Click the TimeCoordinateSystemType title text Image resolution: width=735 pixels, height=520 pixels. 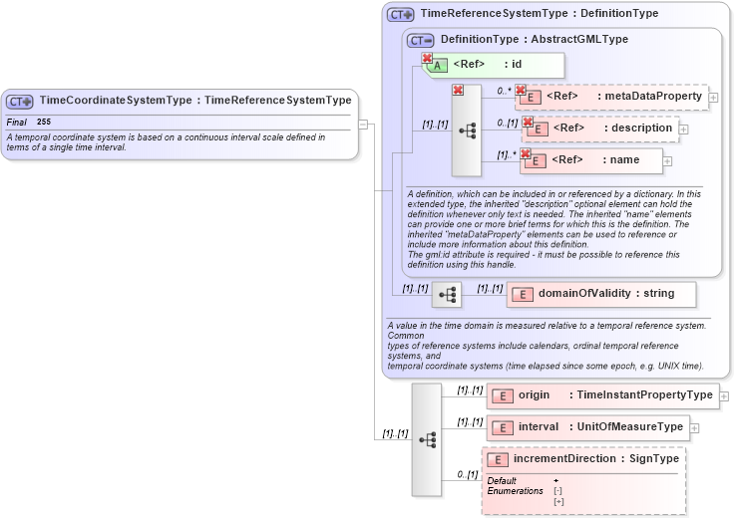coord(194,101)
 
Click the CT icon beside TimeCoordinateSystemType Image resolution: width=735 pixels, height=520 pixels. coord(20,101)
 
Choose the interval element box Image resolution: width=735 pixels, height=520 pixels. coord(587,427)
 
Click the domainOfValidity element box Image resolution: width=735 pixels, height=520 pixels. coord(601,294)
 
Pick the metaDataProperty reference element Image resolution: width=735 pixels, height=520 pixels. coord(610,97)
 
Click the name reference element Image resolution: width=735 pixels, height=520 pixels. coord(590,160)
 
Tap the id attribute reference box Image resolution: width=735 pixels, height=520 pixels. coord(494,65)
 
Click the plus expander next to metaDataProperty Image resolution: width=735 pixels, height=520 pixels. coord(713,98)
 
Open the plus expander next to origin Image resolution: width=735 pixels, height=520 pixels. coord(724,395)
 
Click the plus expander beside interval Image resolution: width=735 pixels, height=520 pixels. coord(694,427)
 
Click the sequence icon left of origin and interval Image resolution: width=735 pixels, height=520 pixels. coord(427,438)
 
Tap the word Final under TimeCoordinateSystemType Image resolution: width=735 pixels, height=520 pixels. coord(16,122)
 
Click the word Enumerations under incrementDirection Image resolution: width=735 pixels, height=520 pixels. coord(515,491)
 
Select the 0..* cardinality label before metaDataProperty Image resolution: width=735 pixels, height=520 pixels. coord(505,91)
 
